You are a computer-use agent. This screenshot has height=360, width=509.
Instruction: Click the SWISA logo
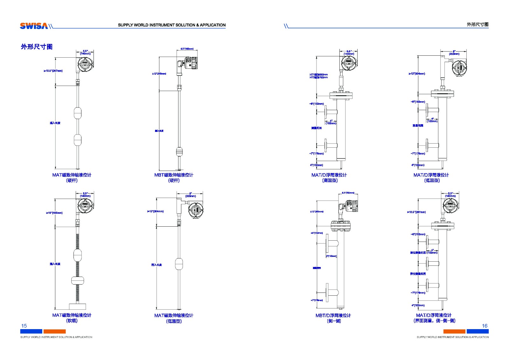(x=34, y=26)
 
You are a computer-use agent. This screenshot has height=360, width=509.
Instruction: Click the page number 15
(x=24, y=326)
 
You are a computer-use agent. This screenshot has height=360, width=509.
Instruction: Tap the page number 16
(x=485, y=326)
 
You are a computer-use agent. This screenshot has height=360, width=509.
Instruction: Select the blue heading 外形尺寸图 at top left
(x=37, y=47)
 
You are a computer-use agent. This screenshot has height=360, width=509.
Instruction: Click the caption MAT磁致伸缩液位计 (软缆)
(x=72, y=318)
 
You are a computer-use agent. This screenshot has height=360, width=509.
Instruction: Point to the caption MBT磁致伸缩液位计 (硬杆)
(x=174, y=178)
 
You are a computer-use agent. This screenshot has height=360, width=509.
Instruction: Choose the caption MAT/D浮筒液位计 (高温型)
(x=329, y=178)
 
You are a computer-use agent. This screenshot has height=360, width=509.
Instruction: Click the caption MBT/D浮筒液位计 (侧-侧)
(x=333, y=318)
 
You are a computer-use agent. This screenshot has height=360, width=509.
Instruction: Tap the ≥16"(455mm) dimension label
(x=54, y=213)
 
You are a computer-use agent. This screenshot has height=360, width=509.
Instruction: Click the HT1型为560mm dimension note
(x=319, y=74)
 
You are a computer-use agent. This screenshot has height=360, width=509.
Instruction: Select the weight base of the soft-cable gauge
(x=77, y=307)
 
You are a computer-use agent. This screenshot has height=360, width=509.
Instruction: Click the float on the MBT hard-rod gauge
(x=179, y=152)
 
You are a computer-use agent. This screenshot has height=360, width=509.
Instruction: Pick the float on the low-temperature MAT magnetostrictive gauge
(x=179, y=264)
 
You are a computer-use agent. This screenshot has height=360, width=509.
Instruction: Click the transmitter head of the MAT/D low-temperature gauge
(x=459, y=68)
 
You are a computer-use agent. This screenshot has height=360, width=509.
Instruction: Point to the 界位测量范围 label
(x=418, y=274)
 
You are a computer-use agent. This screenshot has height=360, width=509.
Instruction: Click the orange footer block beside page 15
(x=54, y=331)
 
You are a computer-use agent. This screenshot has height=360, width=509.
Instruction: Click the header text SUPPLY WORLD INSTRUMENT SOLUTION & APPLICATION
(x=172, y=25)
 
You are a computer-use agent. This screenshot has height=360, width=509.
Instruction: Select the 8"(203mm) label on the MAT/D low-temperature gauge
(x=454, y=53)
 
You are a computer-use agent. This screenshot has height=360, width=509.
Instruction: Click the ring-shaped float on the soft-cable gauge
(x=78, y=280)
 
